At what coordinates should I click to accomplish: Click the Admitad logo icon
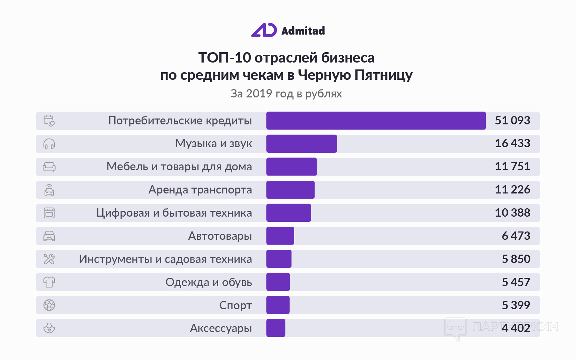pyautogui.click(x=264, y=30)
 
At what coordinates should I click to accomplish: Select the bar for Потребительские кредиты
pyautogui.click(x=376, y=121)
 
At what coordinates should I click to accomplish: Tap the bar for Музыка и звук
pyautogui.click(x=301, y=144)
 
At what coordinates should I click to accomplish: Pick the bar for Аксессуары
pyautogui.click(x=276, y=328)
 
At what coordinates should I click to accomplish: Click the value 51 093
pyautogui.click(x=512, y=121)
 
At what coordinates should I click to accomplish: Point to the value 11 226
pyautogui.click(x=512, y=190)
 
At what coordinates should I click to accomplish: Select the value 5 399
pyautogui.click(x=516, y=305)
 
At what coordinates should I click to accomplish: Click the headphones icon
pyautogui.click(x=49, y=144)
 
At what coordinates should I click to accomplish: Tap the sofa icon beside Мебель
pyautogui.click(x=49, y=167)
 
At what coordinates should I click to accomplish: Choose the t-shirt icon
pyautogui.click(x=49, y=282)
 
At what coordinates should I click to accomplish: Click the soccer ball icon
pyautogui.click(x=49, y=305)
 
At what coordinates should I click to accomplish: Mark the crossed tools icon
pyautogui.click(x=49, y=259)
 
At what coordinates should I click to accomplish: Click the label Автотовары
pyautogui.click(x=220, y=236)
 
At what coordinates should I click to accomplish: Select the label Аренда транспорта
pyautogui.click(x=200, y=190)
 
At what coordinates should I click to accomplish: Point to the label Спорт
pyautogui.click(x=236, y=305)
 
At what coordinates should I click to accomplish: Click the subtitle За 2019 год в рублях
pyautogui.click(x=286, y=94)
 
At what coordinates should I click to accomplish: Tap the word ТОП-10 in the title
pyautogui.click(x=224, y=58)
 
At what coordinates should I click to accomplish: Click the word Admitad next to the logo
pyautogui.click(x=303, y=31)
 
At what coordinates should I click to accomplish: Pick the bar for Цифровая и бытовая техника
pyautogui.click(x=288, y=213)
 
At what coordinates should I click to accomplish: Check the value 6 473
pyautogui.click(x=516, y=236)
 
